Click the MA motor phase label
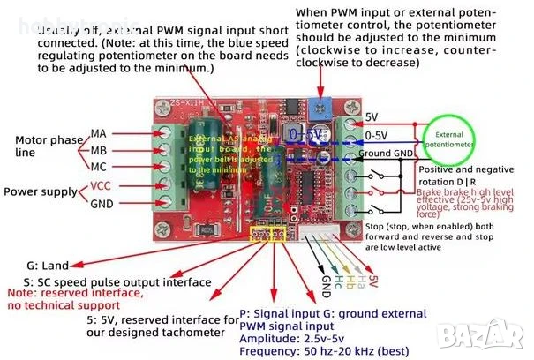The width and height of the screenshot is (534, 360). (x=98, y=133)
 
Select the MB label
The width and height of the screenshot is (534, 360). (x=98, y=150)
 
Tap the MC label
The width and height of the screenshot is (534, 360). (x=98, y=167)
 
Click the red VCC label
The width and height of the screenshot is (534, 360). (x=101, y=186)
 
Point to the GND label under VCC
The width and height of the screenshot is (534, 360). (x=102, y=204)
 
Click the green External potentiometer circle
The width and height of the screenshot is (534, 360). (x=448, y=139)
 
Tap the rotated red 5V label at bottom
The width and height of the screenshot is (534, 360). (x=373, y=281)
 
